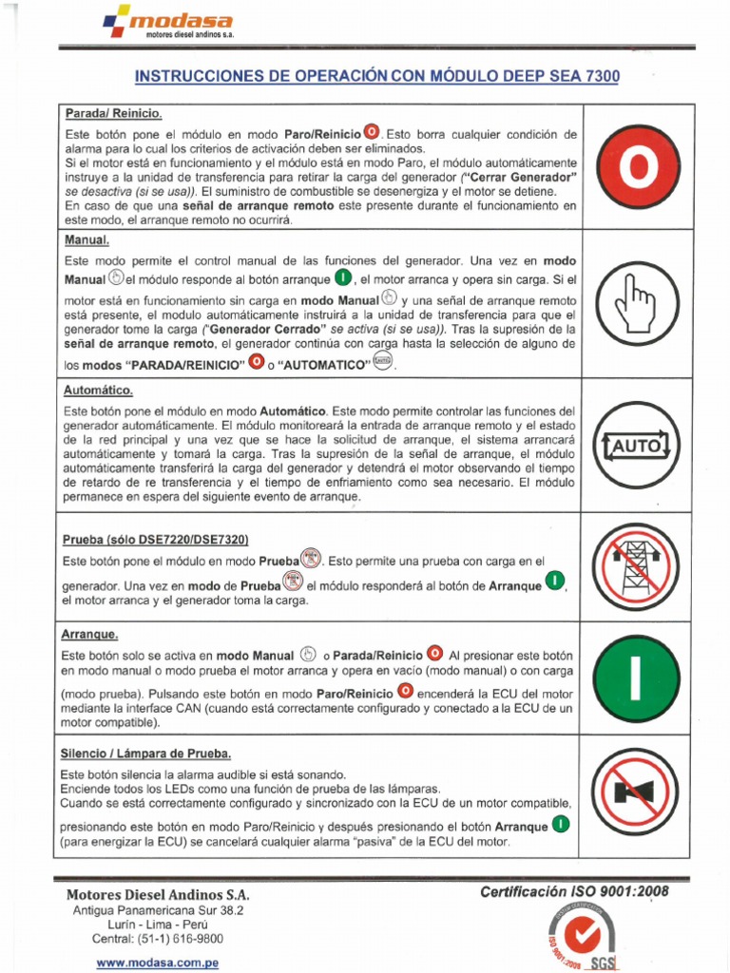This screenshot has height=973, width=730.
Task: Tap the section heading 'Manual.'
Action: pyautogui.click(x=87, y=241)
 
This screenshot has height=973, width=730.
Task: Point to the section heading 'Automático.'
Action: pyautogui.click(x=99, y=391)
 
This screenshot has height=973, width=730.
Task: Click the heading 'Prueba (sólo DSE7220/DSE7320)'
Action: pyautogui.click(x=155, y=540)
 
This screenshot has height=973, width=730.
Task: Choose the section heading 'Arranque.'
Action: pyautogui.click(x=91, y=634)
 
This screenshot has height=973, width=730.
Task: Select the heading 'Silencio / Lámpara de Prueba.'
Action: pyautogui.click(x=146, y=754)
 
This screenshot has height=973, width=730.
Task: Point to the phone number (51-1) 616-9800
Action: pyautogui.click(x=158, y=938)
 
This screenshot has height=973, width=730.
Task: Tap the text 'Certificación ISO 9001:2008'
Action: pyautogui.click(x=574, y=891)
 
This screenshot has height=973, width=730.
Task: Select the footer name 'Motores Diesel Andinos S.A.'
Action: pyautogui.click(x=158, y=895)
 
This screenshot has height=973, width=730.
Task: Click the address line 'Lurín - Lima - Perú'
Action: pyautogui.click(x=158, y=925)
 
